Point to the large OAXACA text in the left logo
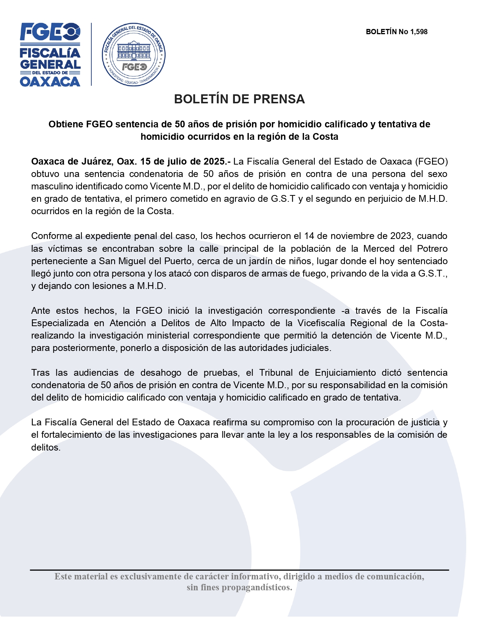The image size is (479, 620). click(x=50, y=82)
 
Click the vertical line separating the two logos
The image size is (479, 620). click(x=91, y=54)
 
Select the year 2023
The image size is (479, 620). click(x=400, y=236)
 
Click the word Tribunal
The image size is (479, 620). click(x=276, y=373)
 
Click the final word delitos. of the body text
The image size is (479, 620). click(x=45, y=448)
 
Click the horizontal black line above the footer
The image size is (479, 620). click(x=239, y=570)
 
